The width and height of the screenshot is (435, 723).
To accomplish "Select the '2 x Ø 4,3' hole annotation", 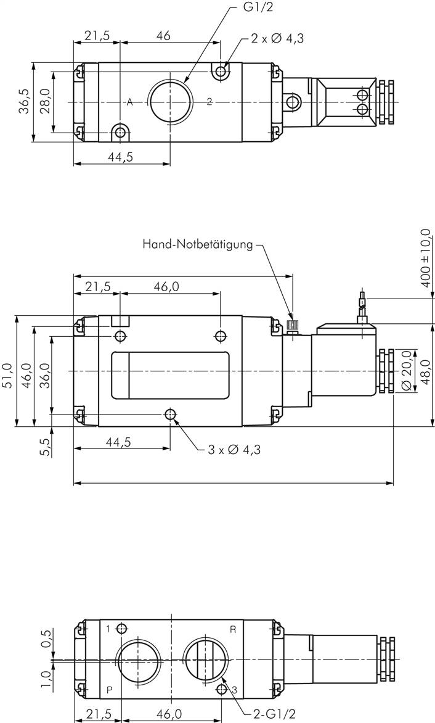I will pyautogui.click(x=277, y=38).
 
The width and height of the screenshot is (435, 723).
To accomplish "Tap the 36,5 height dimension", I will pyautogui.click(x=23, y=101).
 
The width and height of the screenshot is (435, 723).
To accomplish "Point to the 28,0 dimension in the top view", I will pyautogui.click(x=44, y=101).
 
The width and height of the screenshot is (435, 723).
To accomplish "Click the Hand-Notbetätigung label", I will pyautogui.click(x=197, y=244).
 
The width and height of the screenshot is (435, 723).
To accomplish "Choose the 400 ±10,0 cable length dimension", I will pyautogui.click(x=425, y=260).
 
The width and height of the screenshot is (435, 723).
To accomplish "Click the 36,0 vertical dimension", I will pyautogui.click(x=44, y=374).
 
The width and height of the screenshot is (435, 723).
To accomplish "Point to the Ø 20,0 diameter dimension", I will pyautogui.click(x=407, y=370).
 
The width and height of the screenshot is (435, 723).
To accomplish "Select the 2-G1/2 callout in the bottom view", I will pyautogui.click(x=274, y=714).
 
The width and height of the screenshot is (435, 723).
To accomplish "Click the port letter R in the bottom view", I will pyautogui.click(x=233, y=629).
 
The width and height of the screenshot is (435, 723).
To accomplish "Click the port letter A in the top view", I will pyautogui.click(x=129, y=102).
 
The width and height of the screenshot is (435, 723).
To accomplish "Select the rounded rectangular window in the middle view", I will pyautogui.click(x=170, y=376).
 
